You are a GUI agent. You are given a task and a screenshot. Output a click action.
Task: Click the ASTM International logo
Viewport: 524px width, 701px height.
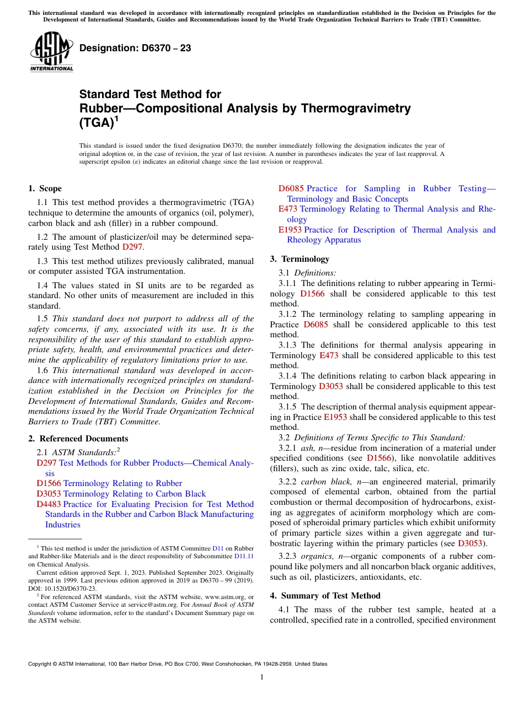point(51,52)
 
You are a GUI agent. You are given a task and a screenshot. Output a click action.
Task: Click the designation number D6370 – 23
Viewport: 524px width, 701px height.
point(135,48)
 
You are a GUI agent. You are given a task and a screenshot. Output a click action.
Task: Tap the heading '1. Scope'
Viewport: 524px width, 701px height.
point(45,188)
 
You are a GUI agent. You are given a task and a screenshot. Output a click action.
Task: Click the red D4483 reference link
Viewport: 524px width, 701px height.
point(49,504)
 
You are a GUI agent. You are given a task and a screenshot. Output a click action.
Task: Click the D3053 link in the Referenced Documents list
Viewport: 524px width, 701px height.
point(49,494)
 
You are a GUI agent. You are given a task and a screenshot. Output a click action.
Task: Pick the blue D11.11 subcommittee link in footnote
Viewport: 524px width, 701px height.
point(244,557)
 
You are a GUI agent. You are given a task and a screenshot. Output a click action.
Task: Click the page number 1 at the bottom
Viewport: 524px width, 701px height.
point(262,677)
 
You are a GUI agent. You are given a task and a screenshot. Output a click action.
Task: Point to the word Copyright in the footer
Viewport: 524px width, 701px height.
point(42,664)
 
